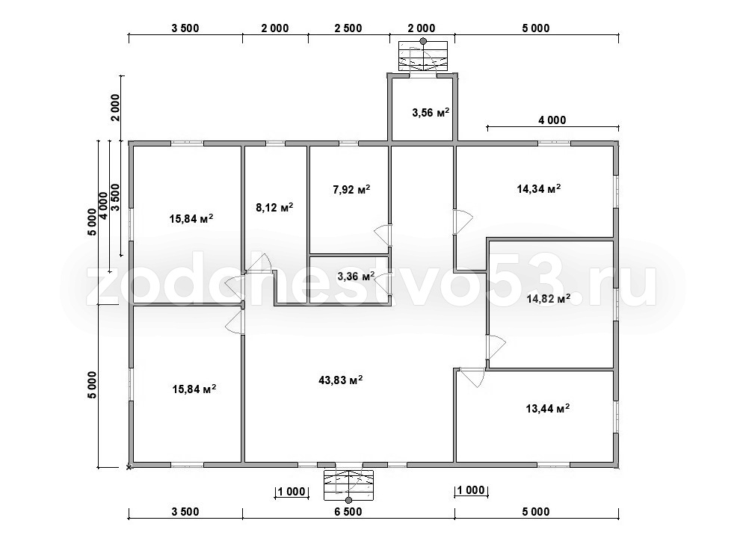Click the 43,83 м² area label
tap(341, 380)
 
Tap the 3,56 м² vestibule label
tap(431, 113)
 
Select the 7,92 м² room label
tap(351, 190)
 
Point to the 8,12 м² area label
tap(274, 208)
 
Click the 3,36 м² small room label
tap(356, 276)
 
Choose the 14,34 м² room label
tap(538, 188)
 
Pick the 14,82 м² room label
tap(548, 299)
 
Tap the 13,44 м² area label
tap(548, 408)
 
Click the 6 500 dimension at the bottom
tap(348, 512)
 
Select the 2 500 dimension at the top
tap(348, 28)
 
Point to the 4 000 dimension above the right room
tap(552, 120)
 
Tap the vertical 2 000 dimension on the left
tap(116, 108)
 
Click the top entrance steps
tap(423, 56)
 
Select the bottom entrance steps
tap(349, 485)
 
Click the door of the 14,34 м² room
tap(462, 221)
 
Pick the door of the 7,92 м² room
tap(383, 235)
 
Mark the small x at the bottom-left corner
tap(129, 468)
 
